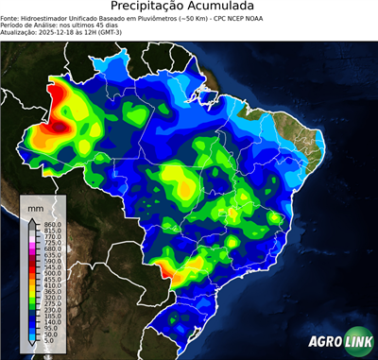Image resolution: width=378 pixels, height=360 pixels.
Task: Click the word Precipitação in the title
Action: (x=151, y=8)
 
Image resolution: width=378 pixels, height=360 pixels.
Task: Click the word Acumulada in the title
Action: (x=225, y=8)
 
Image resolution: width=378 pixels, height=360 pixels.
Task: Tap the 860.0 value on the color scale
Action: (x=52, y=222)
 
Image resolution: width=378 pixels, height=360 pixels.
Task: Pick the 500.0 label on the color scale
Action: (x=52, y=273)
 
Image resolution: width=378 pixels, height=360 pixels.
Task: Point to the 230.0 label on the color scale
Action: (x=52, y=310)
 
